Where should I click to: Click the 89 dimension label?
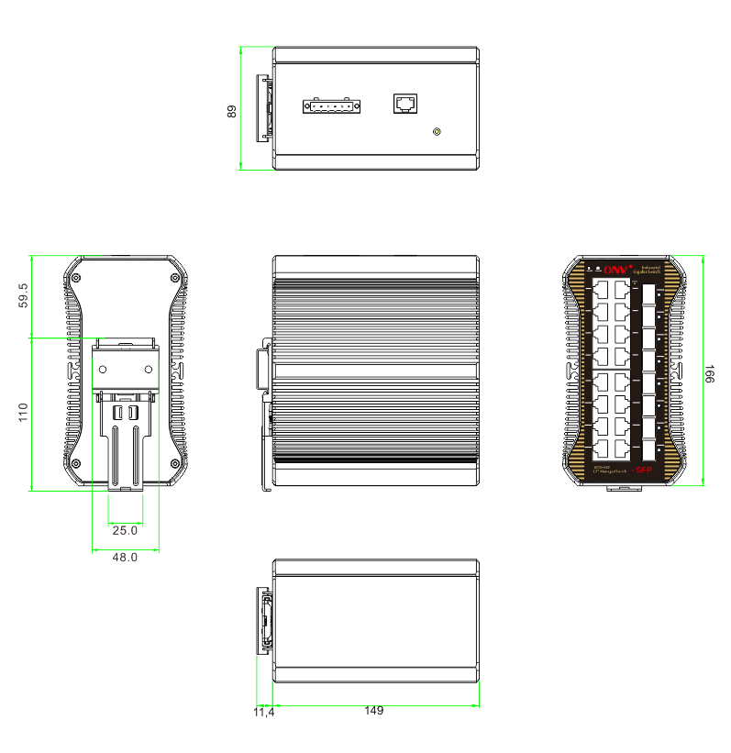click(x=232, y=111)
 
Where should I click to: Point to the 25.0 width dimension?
click(x=125, y=530)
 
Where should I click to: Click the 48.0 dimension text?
click(x=125, y=557)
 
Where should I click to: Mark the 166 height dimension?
click(x=709, y=373)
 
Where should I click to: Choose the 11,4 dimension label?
click(x=263, y=712)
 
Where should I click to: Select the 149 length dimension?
click(x=373, y=711)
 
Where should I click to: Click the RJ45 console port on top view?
click(x=404, y=102)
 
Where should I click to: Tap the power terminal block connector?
click(x=331, y=106)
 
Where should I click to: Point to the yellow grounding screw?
click(x=437, y=132)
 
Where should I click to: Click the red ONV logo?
click(x=617, y=270)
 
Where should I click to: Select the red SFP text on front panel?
click(x=642, y=471)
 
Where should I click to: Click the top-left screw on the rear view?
click(x=77, y=277)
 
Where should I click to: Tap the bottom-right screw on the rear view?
click(x=173, y=461)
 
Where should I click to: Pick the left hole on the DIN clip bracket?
click(x=104, y=369)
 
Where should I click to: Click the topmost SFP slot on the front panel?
click(x=649, y=293)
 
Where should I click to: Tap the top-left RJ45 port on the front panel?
click(x=604, y=288)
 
